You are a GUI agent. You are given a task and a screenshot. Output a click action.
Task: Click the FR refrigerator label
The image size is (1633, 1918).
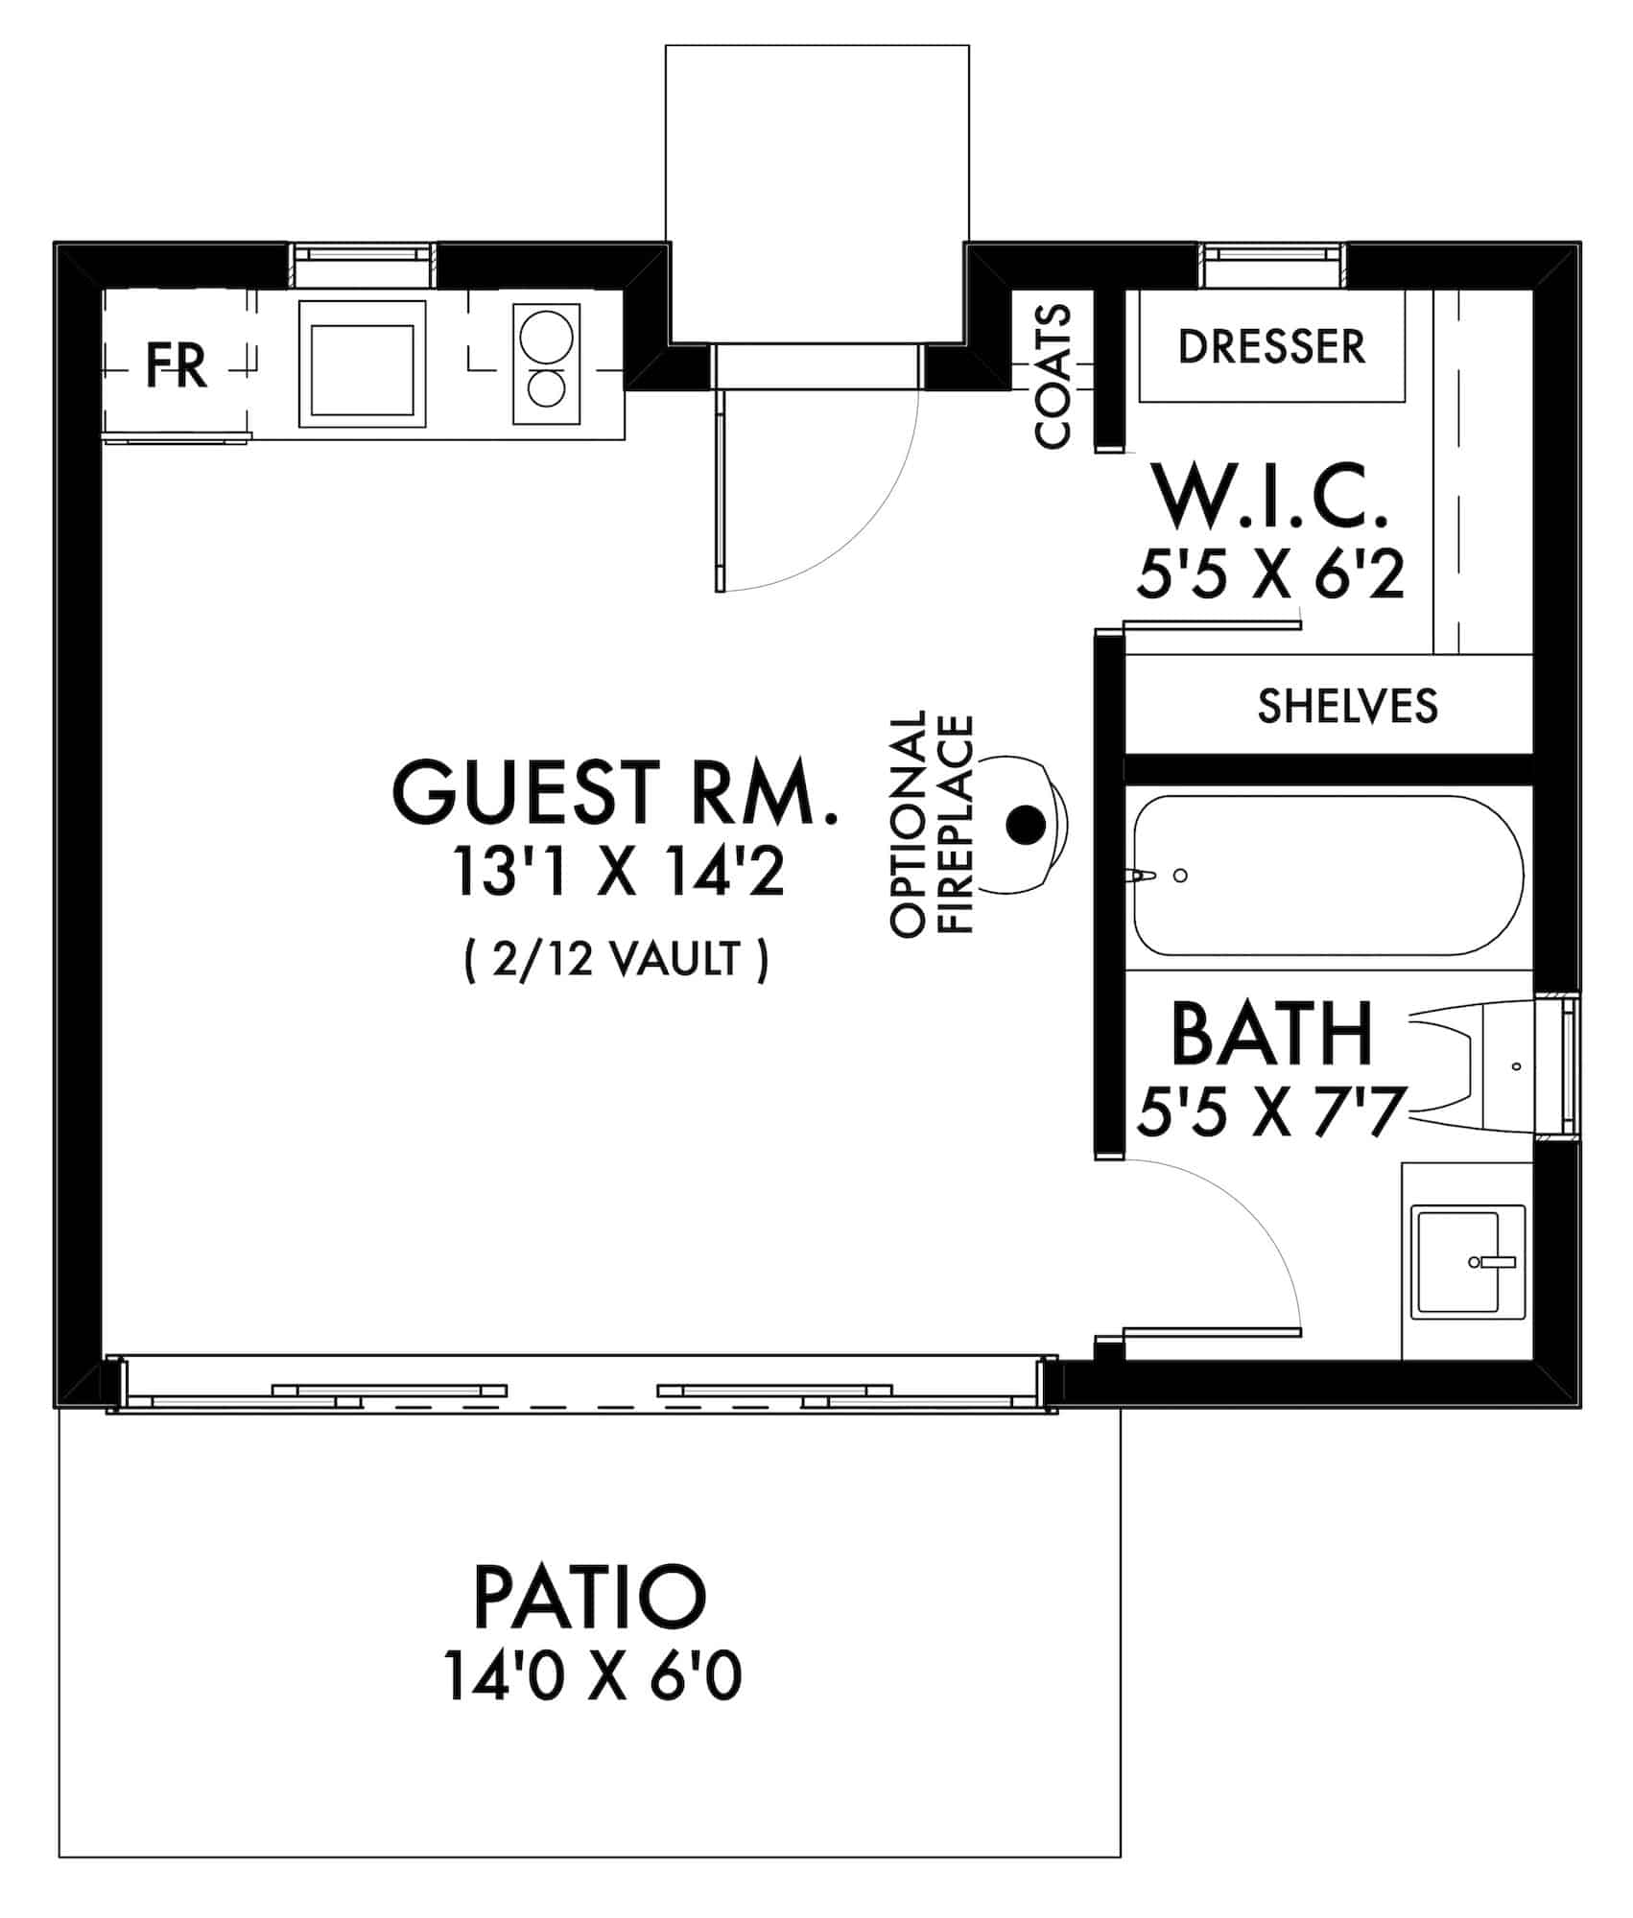click(177, 365)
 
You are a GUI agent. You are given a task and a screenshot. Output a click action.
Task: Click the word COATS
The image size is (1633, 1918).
click(1053, 376)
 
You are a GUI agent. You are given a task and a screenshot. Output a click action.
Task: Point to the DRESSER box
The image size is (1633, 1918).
click(1271, 346)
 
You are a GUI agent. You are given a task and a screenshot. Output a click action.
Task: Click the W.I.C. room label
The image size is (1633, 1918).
click(1271, 496)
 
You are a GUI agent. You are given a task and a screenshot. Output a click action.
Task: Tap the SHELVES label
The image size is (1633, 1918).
click(1347, 707)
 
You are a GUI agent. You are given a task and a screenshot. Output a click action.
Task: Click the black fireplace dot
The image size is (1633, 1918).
click(1025, 823)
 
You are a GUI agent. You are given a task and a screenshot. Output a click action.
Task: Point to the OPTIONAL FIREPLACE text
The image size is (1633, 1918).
click(933, 823)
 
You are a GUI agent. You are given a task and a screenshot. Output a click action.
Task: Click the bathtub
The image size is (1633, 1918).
click(1328, 875)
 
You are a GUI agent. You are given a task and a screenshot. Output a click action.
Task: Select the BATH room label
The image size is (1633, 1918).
click(1271, 1035)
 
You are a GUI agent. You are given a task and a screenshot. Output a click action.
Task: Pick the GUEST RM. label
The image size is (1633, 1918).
click(614, 792)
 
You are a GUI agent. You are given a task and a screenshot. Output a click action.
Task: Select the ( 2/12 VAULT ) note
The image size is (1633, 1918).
click(616, 959)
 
